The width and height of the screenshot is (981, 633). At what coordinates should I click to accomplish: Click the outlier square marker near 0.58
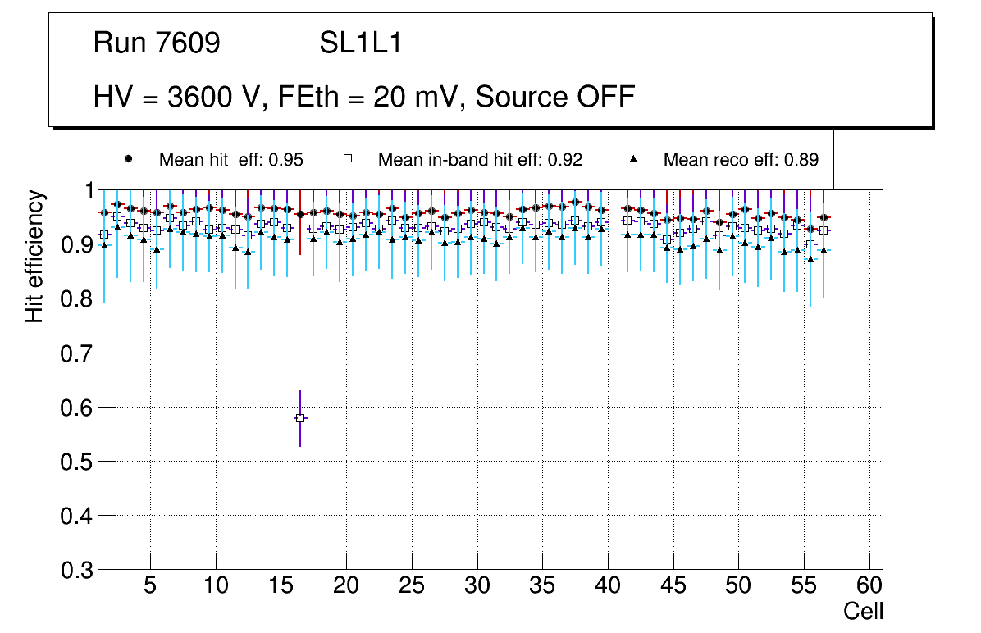(x=300, y=418)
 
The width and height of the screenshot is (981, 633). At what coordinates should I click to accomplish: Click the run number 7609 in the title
(x=189, y=44)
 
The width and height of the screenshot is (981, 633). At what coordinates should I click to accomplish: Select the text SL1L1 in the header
(x=360, y=44)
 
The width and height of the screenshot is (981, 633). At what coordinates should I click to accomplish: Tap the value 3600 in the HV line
(x=199, y=97)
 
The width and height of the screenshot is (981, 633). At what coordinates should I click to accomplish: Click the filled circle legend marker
(x=128, y=159)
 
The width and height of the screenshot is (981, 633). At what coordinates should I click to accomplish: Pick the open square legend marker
(x=347, y=159)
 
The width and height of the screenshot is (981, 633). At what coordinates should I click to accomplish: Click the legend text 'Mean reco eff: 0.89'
(x=741, y=160)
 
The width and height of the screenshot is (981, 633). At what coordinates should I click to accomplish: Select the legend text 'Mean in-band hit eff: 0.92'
(x=480, y=160)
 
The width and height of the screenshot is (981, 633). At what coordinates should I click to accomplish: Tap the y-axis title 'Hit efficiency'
(x=34, y=256)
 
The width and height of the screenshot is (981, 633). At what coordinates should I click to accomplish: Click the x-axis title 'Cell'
(x=863, y=611)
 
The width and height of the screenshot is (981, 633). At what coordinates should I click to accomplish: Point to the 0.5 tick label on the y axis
(x=76, y=462)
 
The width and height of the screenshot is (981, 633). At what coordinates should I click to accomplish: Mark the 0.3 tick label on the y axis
(x=76, y=570)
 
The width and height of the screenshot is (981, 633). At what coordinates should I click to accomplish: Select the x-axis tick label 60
(x=869, y=587)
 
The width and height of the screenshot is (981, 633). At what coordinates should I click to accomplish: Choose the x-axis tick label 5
(x=150, y=587)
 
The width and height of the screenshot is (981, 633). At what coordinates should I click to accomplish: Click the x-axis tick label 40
(x=608, y=587)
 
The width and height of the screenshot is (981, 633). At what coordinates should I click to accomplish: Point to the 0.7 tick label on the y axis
(x=76, y=353)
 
